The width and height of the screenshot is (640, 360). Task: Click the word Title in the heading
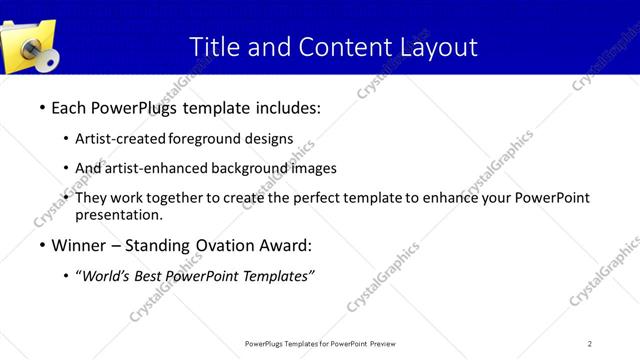tap(213, 46)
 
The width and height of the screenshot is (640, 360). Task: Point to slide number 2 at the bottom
tap(590, 343)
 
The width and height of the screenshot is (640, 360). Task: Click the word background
tap(250, 168)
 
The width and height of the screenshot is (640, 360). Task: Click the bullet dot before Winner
tap(42, 245)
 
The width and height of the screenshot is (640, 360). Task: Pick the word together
tap(169, 198)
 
